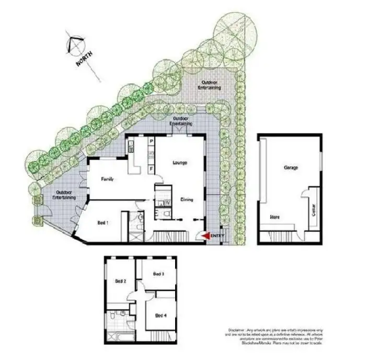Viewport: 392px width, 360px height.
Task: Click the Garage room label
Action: click(291, 168)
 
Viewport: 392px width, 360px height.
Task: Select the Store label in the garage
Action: click(274, 216)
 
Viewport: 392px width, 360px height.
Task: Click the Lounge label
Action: click(180, 163)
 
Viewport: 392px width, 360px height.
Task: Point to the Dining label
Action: click(187, 199)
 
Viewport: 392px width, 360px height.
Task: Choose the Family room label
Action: click(108, 179)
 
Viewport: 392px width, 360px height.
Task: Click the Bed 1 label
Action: click(103, 222)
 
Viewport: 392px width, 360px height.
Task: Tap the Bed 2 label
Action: click(121, 281)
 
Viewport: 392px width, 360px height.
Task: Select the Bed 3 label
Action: click(159, 274)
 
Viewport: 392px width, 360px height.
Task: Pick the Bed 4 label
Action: click(162, 315)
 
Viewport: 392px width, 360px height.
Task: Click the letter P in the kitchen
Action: click(151, 141)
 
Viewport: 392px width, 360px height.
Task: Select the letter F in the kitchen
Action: click(151, 169)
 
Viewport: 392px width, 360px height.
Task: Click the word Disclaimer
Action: click(238, 330)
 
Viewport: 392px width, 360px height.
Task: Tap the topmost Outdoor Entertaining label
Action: click(211, 85)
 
